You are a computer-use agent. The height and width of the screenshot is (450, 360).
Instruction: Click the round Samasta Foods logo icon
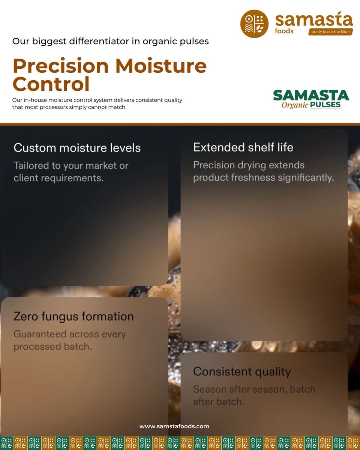tap(254, 24)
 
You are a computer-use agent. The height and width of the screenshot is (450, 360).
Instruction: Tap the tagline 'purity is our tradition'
tap(330, 32)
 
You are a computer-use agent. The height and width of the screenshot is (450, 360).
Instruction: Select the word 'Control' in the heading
tap(51, 84)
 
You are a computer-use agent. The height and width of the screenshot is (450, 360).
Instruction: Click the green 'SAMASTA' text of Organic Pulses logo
tap(311, 96)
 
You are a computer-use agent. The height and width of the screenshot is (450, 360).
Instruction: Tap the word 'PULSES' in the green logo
tap(325, 105)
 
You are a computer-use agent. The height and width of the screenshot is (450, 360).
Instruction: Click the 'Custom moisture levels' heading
tap(77, 148)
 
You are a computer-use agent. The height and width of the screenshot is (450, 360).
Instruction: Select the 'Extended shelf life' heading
tap(243, 147)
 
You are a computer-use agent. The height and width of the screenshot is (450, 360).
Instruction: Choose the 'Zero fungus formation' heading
tap(73, 316)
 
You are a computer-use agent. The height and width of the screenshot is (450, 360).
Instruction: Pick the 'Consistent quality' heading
tap(242, 372)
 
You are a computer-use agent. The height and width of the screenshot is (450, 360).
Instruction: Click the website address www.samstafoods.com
tap(174, 426)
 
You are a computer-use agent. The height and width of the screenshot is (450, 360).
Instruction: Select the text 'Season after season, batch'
tap(254, 389)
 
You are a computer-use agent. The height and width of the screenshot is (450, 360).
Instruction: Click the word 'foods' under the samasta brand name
tap(284, 31)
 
